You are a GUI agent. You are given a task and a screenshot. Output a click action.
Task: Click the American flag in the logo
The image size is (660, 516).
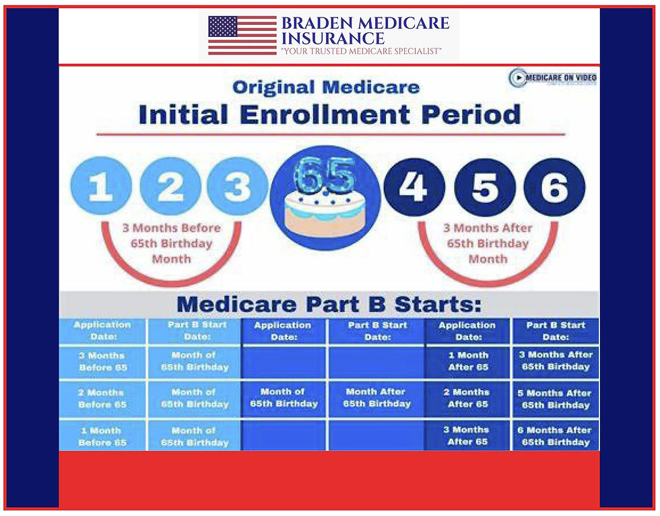pyautogui.click(x=242, y=36)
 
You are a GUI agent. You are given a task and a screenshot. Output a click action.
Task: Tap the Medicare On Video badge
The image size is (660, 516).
pyautogui.click(x=553, y=78)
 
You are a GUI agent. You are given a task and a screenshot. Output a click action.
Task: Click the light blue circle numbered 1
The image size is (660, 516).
pyautogui.click(x=100, y=187)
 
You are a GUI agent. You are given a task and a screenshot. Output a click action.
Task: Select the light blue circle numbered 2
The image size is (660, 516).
pyautogui.click(x=170, y=187)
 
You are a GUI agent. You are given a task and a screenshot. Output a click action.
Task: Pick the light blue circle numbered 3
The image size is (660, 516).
pyautogui.click(x=236, y=187)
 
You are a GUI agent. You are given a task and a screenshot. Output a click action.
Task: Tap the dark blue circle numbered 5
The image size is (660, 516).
pyautogui.click(x=485, y=187)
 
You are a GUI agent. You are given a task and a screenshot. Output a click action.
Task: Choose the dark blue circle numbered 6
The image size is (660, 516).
pyautogui.click(x=554, y=187)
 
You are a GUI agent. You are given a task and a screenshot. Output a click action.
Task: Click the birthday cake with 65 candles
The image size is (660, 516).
pyautogui.click(x=325, y=198)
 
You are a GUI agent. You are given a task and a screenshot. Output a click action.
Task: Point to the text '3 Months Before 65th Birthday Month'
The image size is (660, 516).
pyautogui.click(x=171, y=243)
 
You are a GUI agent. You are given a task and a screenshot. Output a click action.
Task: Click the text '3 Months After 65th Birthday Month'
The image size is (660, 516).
pyautogui.click(x=488, y=243)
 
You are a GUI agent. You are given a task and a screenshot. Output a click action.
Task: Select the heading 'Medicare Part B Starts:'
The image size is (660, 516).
pyautogui.click(x=329, y=304)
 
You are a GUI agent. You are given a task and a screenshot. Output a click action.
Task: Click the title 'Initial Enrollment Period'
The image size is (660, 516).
pyautogui.click(x=329, y=114)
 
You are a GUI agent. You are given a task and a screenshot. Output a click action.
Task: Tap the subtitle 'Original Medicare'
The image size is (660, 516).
pyautogui.click(x=326, y=87)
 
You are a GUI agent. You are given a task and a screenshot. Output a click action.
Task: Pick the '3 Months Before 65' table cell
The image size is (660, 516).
pyautogui.click(x=102, y=361)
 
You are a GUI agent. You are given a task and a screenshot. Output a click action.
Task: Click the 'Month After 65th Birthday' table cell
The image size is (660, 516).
pyautogui.click(x=377, y=398)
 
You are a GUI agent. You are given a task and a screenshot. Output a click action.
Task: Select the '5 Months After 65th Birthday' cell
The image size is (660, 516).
pyautogui.click(x=556, y=399)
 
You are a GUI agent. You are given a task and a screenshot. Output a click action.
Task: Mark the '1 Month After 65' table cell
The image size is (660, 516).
pyautogui.click(x=468, y=361)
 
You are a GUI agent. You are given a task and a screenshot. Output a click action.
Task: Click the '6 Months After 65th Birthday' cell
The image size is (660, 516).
pyautogui.click(x=556, y=436)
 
